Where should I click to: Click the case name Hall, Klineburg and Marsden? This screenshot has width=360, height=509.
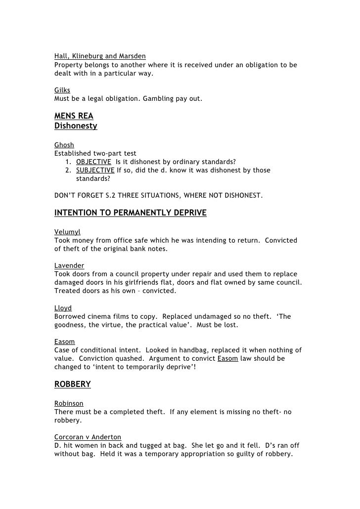tap(100, 56)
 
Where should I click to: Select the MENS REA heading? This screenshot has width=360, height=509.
tap(74, 117)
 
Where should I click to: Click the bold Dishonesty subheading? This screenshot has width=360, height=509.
tap(76, 126)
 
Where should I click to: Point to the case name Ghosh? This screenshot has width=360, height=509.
tap(64, 145)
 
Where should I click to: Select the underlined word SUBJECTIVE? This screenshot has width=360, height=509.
tap(95, 170)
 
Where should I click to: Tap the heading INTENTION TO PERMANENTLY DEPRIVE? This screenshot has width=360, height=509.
tap(130, 213)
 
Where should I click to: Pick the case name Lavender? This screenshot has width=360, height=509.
tap(69, 265)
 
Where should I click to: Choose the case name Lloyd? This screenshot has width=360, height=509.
tap(63, 308)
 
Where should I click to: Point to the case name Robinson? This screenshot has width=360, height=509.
tap(69, 403)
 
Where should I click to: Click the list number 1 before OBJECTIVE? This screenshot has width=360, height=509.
tap(67, 162)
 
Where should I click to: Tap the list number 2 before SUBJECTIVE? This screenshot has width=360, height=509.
tap(67, 170)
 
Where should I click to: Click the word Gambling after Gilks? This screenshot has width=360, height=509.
tap(158, 99)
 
